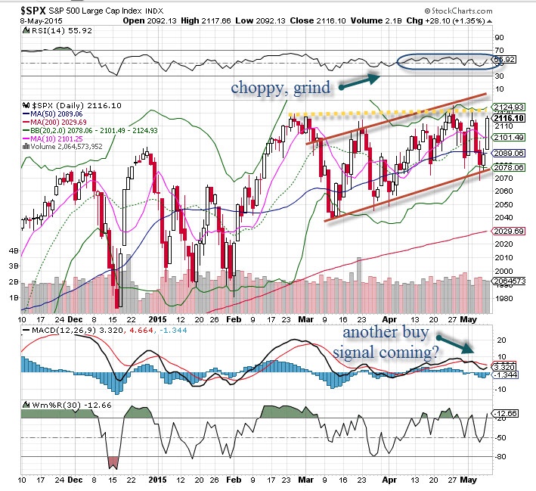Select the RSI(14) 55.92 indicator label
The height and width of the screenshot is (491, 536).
point(53,33)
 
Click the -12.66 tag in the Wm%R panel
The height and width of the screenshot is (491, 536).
point(505,413)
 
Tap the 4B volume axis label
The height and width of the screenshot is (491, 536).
point(12,250)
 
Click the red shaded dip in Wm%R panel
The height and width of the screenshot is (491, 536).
point(113,461)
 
